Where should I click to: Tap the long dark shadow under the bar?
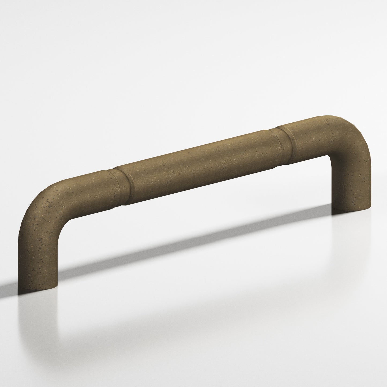[187, 249]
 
